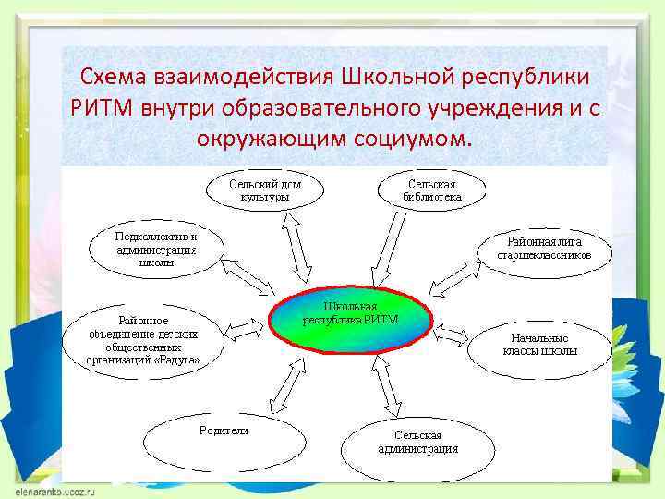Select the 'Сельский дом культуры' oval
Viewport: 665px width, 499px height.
pos(265,190)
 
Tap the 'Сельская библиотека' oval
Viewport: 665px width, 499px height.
pos(431,190)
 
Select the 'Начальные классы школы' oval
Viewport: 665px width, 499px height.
pos(541,345)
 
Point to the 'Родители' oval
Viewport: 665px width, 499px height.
pos(224,441)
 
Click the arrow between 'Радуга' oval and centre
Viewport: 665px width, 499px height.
pos(244,325)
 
